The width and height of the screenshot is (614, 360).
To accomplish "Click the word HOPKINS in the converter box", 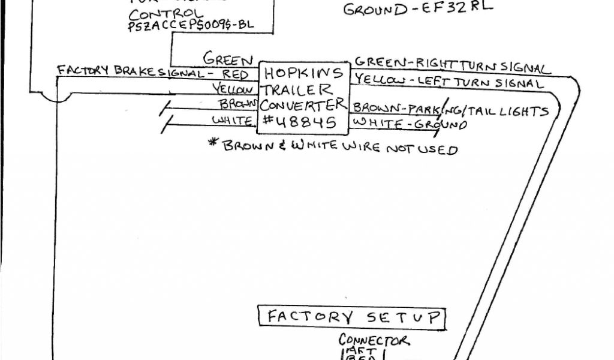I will click(x=303, y=74).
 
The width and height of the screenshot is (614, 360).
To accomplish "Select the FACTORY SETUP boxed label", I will click(x=353, y=316).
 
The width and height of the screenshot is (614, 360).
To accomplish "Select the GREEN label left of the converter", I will click(x=228, y=59).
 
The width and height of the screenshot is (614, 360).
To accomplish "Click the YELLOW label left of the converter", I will click(x=234, y=89).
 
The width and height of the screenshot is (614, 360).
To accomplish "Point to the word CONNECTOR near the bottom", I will click(x=374, y=341).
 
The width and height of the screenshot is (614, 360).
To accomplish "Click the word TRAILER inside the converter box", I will click(x=296, y=89).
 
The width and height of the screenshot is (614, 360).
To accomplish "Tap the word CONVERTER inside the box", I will click(x=303, y=105).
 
